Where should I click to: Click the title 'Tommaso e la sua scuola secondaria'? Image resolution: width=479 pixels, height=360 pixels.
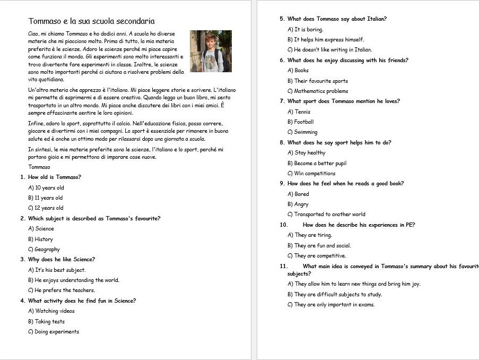(x=91, y=21)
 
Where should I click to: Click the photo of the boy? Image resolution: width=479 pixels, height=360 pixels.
(x=211, y=51)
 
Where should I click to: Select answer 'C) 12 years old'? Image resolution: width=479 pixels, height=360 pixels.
(x=46, y=208)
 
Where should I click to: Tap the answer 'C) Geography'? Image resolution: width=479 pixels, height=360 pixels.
(x=44, y=250)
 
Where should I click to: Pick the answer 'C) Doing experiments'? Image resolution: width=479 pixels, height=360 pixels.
(x=54, y=332)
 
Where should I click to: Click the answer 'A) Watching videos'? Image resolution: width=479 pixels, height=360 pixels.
(x=51, y=311)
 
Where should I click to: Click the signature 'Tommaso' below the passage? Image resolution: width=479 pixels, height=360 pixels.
(x=39, y=167)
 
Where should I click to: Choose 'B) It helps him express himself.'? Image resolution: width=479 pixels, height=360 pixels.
(x=326, y=40)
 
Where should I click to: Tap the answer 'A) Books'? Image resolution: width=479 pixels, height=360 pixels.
(x=298, y=71)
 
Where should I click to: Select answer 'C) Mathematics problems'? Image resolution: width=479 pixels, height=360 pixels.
(x=318, y=91)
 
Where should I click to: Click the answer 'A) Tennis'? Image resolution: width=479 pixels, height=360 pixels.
(x=299, y=112)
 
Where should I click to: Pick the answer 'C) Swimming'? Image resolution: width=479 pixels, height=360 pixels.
(x=302, y=132)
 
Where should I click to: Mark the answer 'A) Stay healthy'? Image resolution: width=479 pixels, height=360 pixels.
(x=307, y=153)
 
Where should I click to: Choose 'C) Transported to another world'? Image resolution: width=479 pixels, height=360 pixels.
(x=326, y=215)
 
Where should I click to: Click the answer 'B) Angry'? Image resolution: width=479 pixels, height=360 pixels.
(x=298, y=204)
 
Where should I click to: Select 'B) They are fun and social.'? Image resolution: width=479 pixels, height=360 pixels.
(x=319, y=246)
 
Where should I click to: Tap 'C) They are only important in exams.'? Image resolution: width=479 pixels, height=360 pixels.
(x=331, y=305)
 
